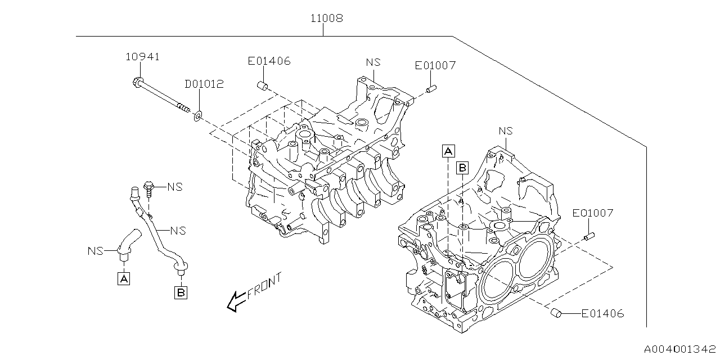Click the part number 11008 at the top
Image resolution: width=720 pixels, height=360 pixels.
click(327, 18)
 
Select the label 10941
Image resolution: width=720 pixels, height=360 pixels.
click(142, 56)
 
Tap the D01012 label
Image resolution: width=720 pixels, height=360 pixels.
click(204, 84)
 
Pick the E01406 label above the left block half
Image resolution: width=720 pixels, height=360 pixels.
click(269, 61)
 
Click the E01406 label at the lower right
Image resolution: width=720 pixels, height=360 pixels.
click(602, 313)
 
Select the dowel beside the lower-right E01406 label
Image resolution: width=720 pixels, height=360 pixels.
click(556, 313)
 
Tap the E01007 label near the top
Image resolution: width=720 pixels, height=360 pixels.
click(435, 65)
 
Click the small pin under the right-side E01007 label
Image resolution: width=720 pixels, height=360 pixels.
click(589, 236)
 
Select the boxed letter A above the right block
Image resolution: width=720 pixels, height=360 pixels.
click(448, 150)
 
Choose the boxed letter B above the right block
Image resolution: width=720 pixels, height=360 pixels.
click(462, 167)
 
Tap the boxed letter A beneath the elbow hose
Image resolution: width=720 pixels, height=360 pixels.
click(124, 278)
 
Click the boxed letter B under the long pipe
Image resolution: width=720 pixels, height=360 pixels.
click(181, 292)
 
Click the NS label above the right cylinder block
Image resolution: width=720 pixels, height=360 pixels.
click(506, 130)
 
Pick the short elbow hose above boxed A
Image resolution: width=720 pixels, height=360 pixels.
click(127, 242)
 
